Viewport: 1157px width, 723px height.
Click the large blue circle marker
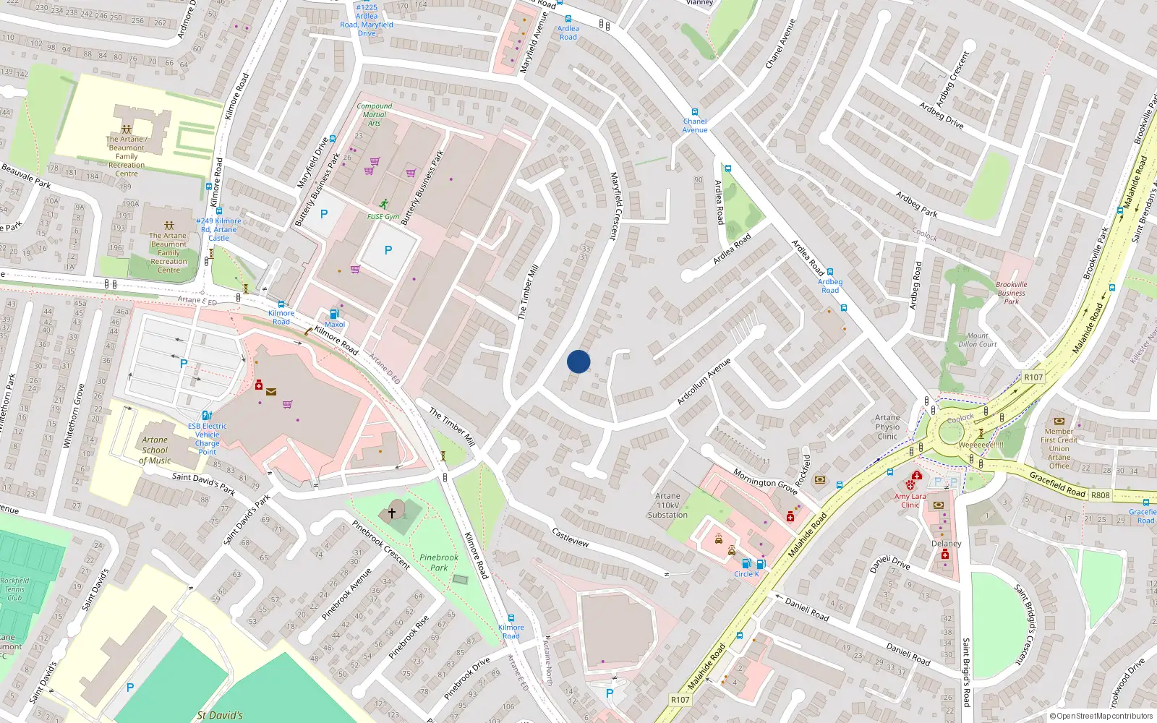[578, 361]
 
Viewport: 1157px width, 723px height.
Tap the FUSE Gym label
[383, 216]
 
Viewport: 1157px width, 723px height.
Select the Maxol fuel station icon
[334, 314]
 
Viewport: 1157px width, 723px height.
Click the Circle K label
[746, 574]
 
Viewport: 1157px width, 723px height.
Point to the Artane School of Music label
[155, 450]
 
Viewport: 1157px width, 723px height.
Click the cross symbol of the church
[392, 513]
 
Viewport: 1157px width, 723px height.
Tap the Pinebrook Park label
[439, 562]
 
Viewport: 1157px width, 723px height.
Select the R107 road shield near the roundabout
[1033, 377]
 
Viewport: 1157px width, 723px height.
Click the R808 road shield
[1100, 495]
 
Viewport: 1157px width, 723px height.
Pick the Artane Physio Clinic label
[887, 427]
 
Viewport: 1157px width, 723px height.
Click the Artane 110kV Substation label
[667, 505]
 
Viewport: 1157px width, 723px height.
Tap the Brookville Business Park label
[1011, 293]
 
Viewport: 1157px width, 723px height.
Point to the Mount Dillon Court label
[978, 340]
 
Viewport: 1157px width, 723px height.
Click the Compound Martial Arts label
[375, 114]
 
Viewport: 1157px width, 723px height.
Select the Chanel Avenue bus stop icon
[695, 113]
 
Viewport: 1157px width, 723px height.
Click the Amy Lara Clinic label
[910, 500]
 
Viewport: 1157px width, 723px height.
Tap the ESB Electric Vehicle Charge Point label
[208, 439]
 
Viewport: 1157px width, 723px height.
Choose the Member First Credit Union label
[1059, 444]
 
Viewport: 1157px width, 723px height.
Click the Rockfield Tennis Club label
[14, 589]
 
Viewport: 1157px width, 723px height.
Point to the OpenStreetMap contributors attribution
[1101, 716]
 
